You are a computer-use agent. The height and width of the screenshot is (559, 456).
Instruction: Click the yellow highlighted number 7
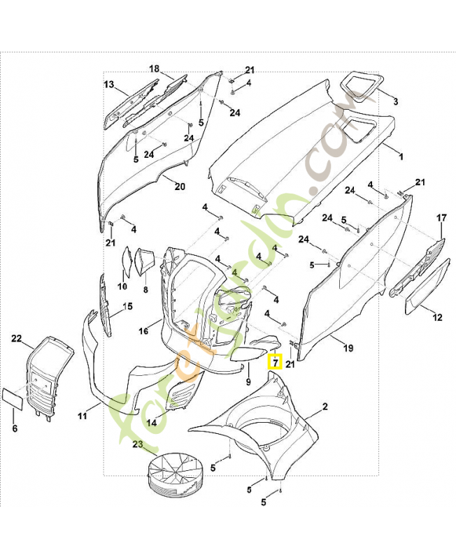[x=275, y=362]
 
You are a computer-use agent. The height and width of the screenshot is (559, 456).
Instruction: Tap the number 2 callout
[x=395, y=102]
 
